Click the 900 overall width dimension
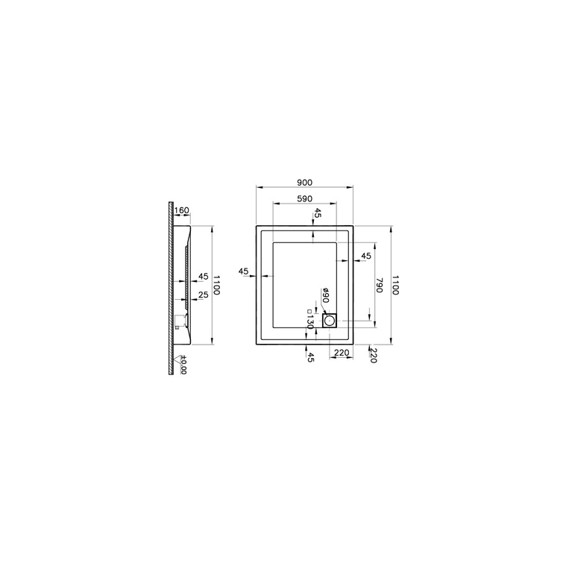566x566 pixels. click(305, 183)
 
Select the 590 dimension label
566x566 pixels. click(305, 198)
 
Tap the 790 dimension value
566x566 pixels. click(379, 285)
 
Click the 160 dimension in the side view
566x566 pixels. click(181, 210)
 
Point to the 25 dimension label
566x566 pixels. click(204, 295)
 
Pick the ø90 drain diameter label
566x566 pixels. click(325, 295)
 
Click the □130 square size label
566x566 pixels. click(309, 319)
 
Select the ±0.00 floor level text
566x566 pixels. click(183, 365)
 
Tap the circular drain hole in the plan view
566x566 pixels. click(329, 321)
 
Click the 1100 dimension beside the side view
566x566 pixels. click(216, 285)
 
